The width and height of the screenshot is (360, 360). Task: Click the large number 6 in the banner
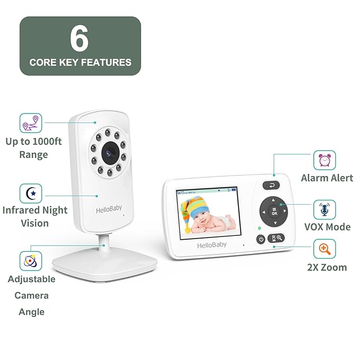pos(79,38)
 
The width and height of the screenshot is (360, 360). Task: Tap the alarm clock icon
pos(324,160)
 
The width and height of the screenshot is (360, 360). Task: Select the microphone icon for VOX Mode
pos(324,209)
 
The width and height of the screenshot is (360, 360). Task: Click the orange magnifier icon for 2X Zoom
pos(324,249)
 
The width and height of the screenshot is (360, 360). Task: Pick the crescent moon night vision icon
pos(31,194)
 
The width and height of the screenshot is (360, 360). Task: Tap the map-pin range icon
pos(31,123)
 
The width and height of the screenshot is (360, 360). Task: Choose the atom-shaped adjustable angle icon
pos(31,261)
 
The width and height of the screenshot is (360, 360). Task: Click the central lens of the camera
pos(110,153)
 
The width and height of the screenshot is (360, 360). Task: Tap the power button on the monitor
pos(261,240)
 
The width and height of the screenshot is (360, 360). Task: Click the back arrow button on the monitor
pos(271,185)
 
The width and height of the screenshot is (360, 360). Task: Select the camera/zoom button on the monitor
pos(276,238)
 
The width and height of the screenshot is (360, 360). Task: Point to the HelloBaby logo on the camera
pos(109,209)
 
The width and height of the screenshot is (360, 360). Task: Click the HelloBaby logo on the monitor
pos(212,245)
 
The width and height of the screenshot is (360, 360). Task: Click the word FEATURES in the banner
pos(106,63)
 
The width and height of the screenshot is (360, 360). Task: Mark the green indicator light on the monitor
pos(259,228)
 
